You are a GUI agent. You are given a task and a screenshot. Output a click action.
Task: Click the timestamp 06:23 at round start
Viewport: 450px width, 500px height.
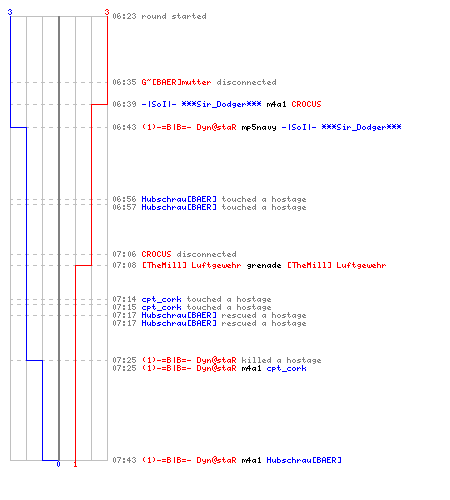(124, 16)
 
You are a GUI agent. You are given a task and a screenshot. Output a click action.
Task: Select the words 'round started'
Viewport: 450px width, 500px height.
(174, 16)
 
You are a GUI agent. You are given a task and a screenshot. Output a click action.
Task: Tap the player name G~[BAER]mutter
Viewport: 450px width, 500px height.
(176, 82)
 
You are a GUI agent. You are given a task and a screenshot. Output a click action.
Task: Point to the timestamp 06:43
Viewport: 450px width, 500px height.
(124, 127)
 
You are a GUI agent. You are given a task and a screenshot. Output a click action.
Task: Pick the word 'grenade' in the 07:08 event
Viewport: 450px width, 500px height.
(264, 265)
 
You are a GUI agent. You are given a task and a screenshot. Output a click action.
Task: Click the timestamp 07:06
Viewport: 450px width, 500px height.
(124, 254)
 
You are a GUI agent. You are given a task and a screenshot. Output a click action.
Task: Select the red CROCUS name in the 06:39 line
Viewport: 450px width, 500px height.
(306, 104)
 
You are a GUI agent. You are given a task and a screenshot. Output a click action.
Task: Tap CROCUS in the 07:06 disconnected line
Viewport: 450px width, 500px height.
(156, 254)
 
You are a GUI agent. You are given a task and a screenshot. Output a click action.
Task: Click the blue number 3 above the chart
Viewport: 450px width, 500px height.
(10, 12)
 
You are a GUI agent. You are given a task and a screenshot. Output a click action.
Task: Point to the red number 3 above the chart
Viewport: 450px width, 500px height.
(107, 12)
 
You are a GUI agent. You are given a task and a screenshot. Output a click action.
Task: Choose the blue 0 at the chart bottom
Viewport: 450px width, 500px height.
(58, 464)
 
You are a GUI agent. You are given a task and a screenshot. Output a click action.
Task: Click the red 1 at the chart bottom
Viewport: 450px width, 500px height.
(75, 464)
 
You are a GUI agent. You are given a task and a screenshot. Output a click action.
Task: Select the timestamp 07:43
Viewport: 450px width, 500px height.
(124, 460)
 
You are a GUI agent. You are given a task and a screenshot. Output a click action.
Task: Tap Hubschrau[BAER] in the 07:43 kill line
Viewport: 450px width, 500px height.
(304, 460)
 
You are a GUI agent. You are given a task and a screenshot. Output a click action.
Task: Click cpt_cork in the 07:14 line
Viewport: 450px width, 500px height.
(161, 299)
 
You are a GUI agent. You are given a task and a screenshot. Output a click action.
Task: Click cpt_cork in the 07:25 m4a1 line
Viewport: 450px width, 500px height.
(286, 368)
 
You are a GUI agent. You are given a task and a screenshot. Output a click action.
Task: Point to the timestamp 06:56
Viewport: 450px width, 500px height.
(124, 199)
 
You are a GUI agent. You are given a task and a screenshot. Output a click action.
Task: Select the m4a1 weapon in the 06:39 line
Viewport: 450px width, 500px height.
(276, 104)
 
